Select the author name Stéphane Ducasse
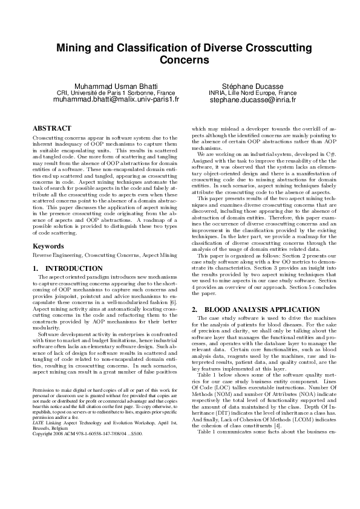point(252,86)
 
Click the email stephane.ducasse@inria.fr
point(252,100)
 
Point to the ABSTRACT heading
point(51,128)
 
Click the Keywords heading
point(48,246)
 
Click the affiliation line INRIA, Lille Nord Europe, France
point(252,93)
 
